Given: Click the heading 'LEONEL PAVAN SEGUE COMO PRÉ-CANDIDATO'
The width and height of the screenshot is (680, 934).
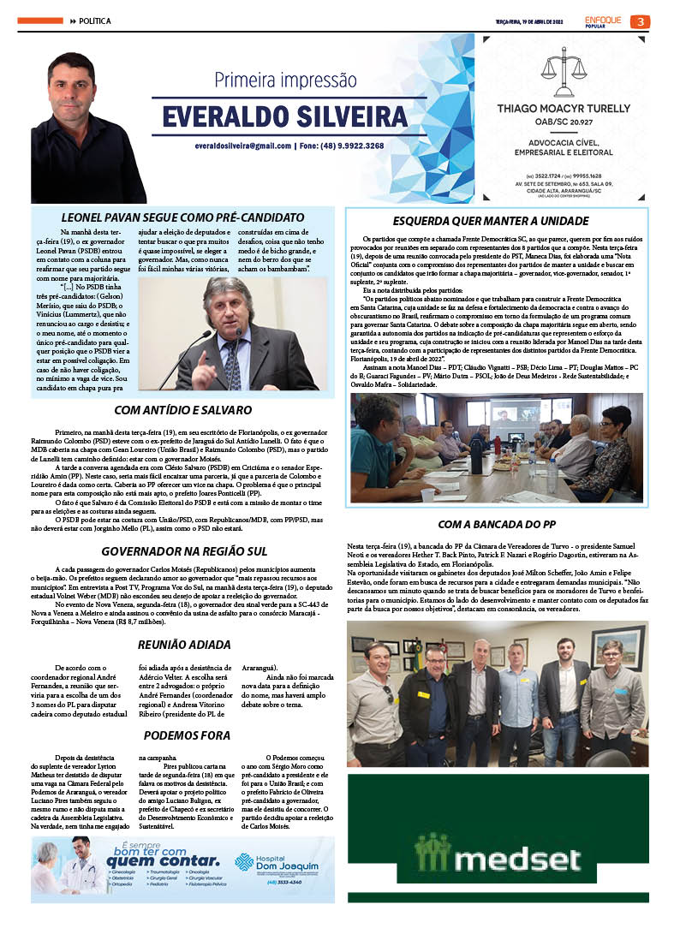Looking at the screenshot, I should click(182, 217).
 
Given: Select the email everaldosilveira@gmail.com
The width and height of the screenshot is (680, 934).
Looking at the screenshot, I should click(242, 146).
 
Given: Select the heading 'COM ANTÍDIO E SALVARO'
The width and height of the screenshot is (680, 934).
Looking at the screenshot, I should click(182, 410).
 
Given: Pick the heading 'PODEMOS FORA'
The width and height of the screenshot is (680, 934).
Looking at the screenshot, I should click(186, 735).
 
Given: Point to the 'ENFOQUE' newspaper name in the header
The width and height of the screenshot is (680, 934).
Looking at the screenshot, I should click(605, 18).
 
